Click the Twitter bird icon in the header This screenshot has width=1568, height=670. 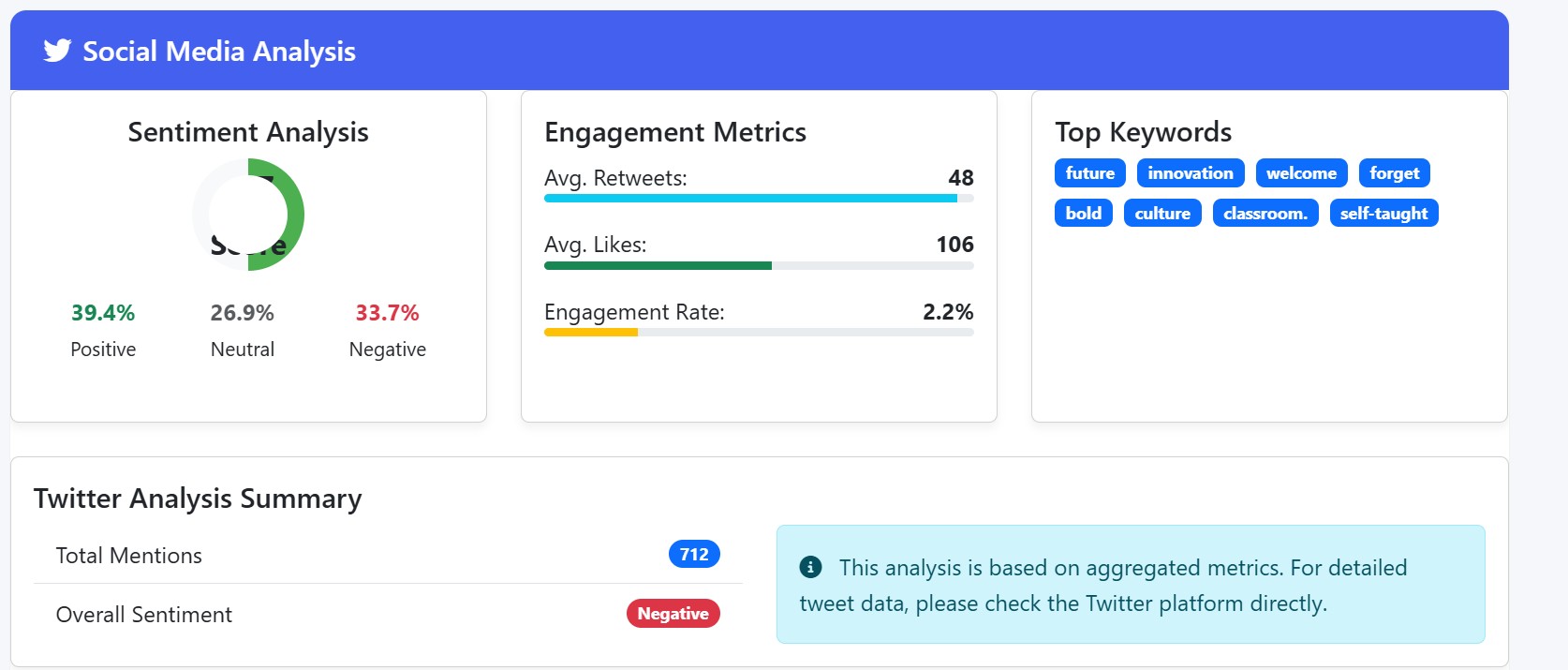[57, 51]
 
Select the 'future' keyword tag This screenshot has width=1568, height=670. [1089, 173]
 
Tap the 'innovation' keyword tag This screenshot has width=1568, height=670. [1191, 173]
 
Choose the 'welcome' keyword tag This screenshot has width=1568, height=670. [1301, 173]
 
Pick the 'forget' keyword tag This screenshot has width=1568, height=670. [1394, 173]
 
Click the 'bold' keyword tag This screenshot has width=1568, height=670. [1083, 214]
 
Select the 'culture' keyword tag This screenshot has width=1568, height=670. [1162, 214]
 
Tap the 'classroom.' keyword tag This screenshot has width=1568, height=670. [1265, 214]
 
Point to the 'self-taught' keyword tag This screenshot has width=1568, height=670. [1383, 214]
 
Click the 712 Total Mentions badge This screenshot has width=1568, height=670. [694, 555]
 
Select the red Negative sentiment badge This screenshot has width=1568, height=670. [673, 614]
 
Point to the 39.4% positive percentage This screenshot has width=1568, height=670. [103, 313]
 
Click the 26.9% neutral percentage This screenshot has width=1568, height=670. [243, 313]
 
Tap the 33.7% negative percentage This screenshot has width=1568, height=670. [387, 313]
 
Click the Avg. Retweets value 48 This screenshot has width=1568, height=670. [961, 178]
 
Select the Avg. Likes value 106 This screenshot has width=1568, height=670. [954, 245]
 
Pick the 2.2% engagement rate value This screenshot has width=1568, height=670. [948, 312]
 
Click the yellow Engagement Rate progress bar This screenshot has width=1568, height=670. [591, 333]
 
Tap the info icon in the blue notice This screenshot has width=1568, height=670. [810, 567]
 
